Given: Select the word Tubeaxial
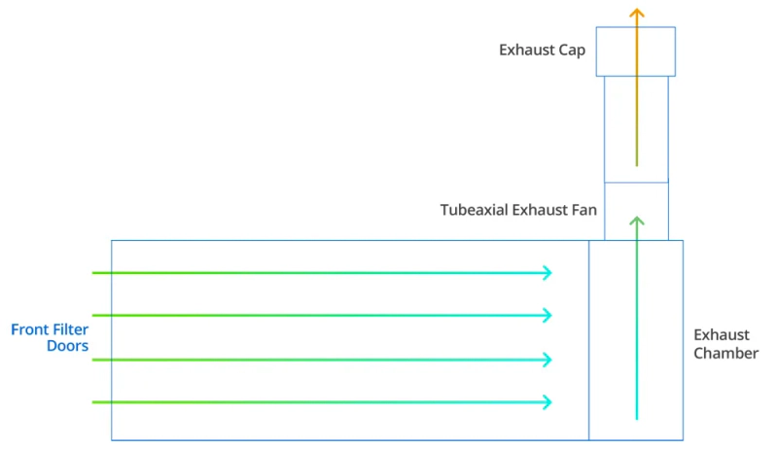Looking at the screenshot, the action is [x=474, y=210].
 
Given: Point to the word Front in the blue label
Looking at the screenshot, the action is [x=28, y=329].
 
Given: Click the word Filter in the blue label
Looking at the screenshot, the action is [x=68, y=329].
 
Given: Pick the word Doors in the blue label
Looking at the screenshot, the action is [x=67, y=346].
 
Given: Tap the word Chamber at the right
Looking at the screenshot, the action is [x=725, y=354].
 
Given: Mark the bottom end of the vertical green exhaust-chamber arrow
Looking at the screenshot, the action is [x=637, y=419].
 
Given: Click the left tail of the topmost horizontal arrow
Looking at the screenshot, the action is [x=92, y=272].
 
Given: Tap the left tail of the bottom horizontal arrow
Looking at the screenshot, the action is [x=92, y=402].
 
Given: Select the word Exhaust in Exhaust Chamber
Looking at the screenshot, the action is [x=722, y=335].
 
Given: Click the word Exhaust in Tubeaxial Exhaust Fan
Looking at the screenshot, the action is [x=542, y=210].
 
